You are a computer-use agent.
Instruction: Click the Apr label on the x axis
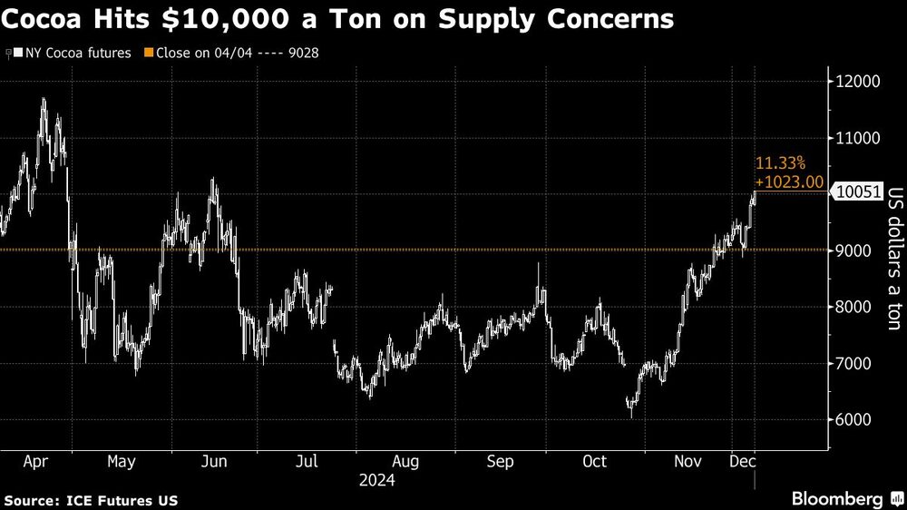[x=36, y=462]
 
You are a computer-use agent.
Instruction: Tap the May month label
[x=121, y=462]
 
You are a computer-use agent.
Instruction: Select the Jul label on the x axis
[x=307, y=462]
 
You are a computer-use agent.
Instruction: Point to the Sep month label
[x=501, y=462]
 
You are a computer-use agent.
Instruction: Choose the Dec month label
[x=744, y=462]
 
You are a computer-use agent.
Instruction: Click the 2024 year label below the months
[x=376, y=481]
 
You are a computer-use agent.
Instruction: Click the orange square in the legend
[x=150, y=52]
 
